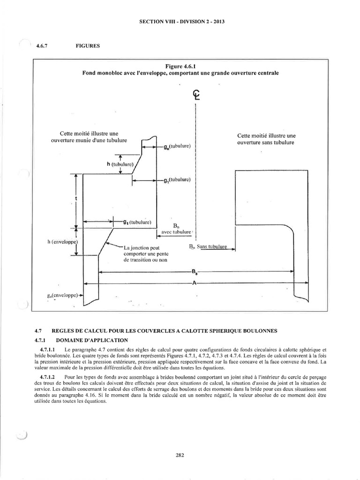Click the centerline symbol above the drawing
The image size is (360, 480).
[196, 95]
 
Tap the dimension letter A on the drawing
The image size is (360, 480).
[194, 283]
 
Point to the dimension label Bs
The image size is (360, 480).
[194, 271]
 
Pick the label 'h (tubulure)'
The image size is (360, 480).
[120, 164]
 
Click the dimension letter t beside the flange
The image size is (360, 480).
[75, 199]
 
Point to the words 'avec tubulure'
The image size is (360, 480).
[176, 232]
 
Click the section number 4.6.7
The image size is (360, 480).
[43, 46]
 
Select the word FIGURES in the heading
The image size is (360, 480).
[87, 46]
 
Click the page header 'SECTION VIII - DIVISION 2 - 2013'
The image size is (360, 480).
[180, 22]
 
